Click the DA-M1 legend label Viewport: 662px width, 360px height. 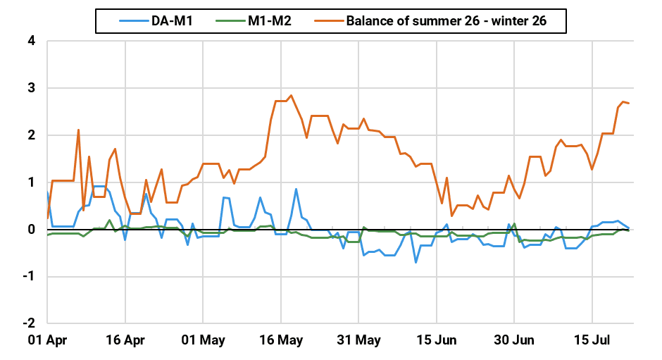(x=172, y=20)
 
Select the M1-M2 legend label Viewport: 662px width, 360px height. (x=269, y=20)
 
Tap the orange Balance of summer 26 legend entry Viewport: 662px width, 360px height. (x=446, y=20)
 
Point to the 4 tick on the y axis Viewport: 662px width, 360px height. (x=32, y=41)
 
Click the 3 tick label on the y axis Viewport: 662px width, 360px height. (x=32, y=88)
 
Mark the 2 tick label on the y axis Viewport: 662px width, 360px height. (x=32, y=135)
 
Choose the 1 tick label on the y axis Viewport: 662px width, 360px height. (x=32, y=182)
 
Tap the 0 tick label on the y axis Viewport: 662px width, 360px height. (x=32, y=230)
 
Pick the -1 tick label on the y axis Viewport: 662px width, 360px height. (x=30, y=276)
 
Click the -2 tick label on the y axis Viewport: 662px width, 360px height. (x=30, y=323)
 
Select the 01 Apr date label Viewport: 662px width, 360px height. (x=47, y=340)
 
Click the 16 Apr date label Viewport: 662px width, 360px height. (x=125, y=340)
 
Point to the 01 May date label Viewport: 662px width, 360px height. (x=203, y=340)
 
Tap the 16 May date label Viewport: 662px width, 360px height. (x=281, y=340)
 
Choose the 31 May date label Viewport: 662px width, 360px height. (x=359, y=340)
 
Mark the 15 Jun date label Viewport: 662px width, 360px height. (x=437, y=340)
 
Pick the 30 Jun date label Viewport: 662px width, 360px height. (x=514, y=340)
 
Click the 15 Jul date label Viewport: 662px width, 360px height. (x=592, y=340)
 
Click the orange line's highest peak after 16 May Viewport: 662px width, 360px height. (x=291, y=96)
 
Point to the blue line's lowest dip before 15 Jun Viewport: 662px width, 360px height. (x=416, y=262)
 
